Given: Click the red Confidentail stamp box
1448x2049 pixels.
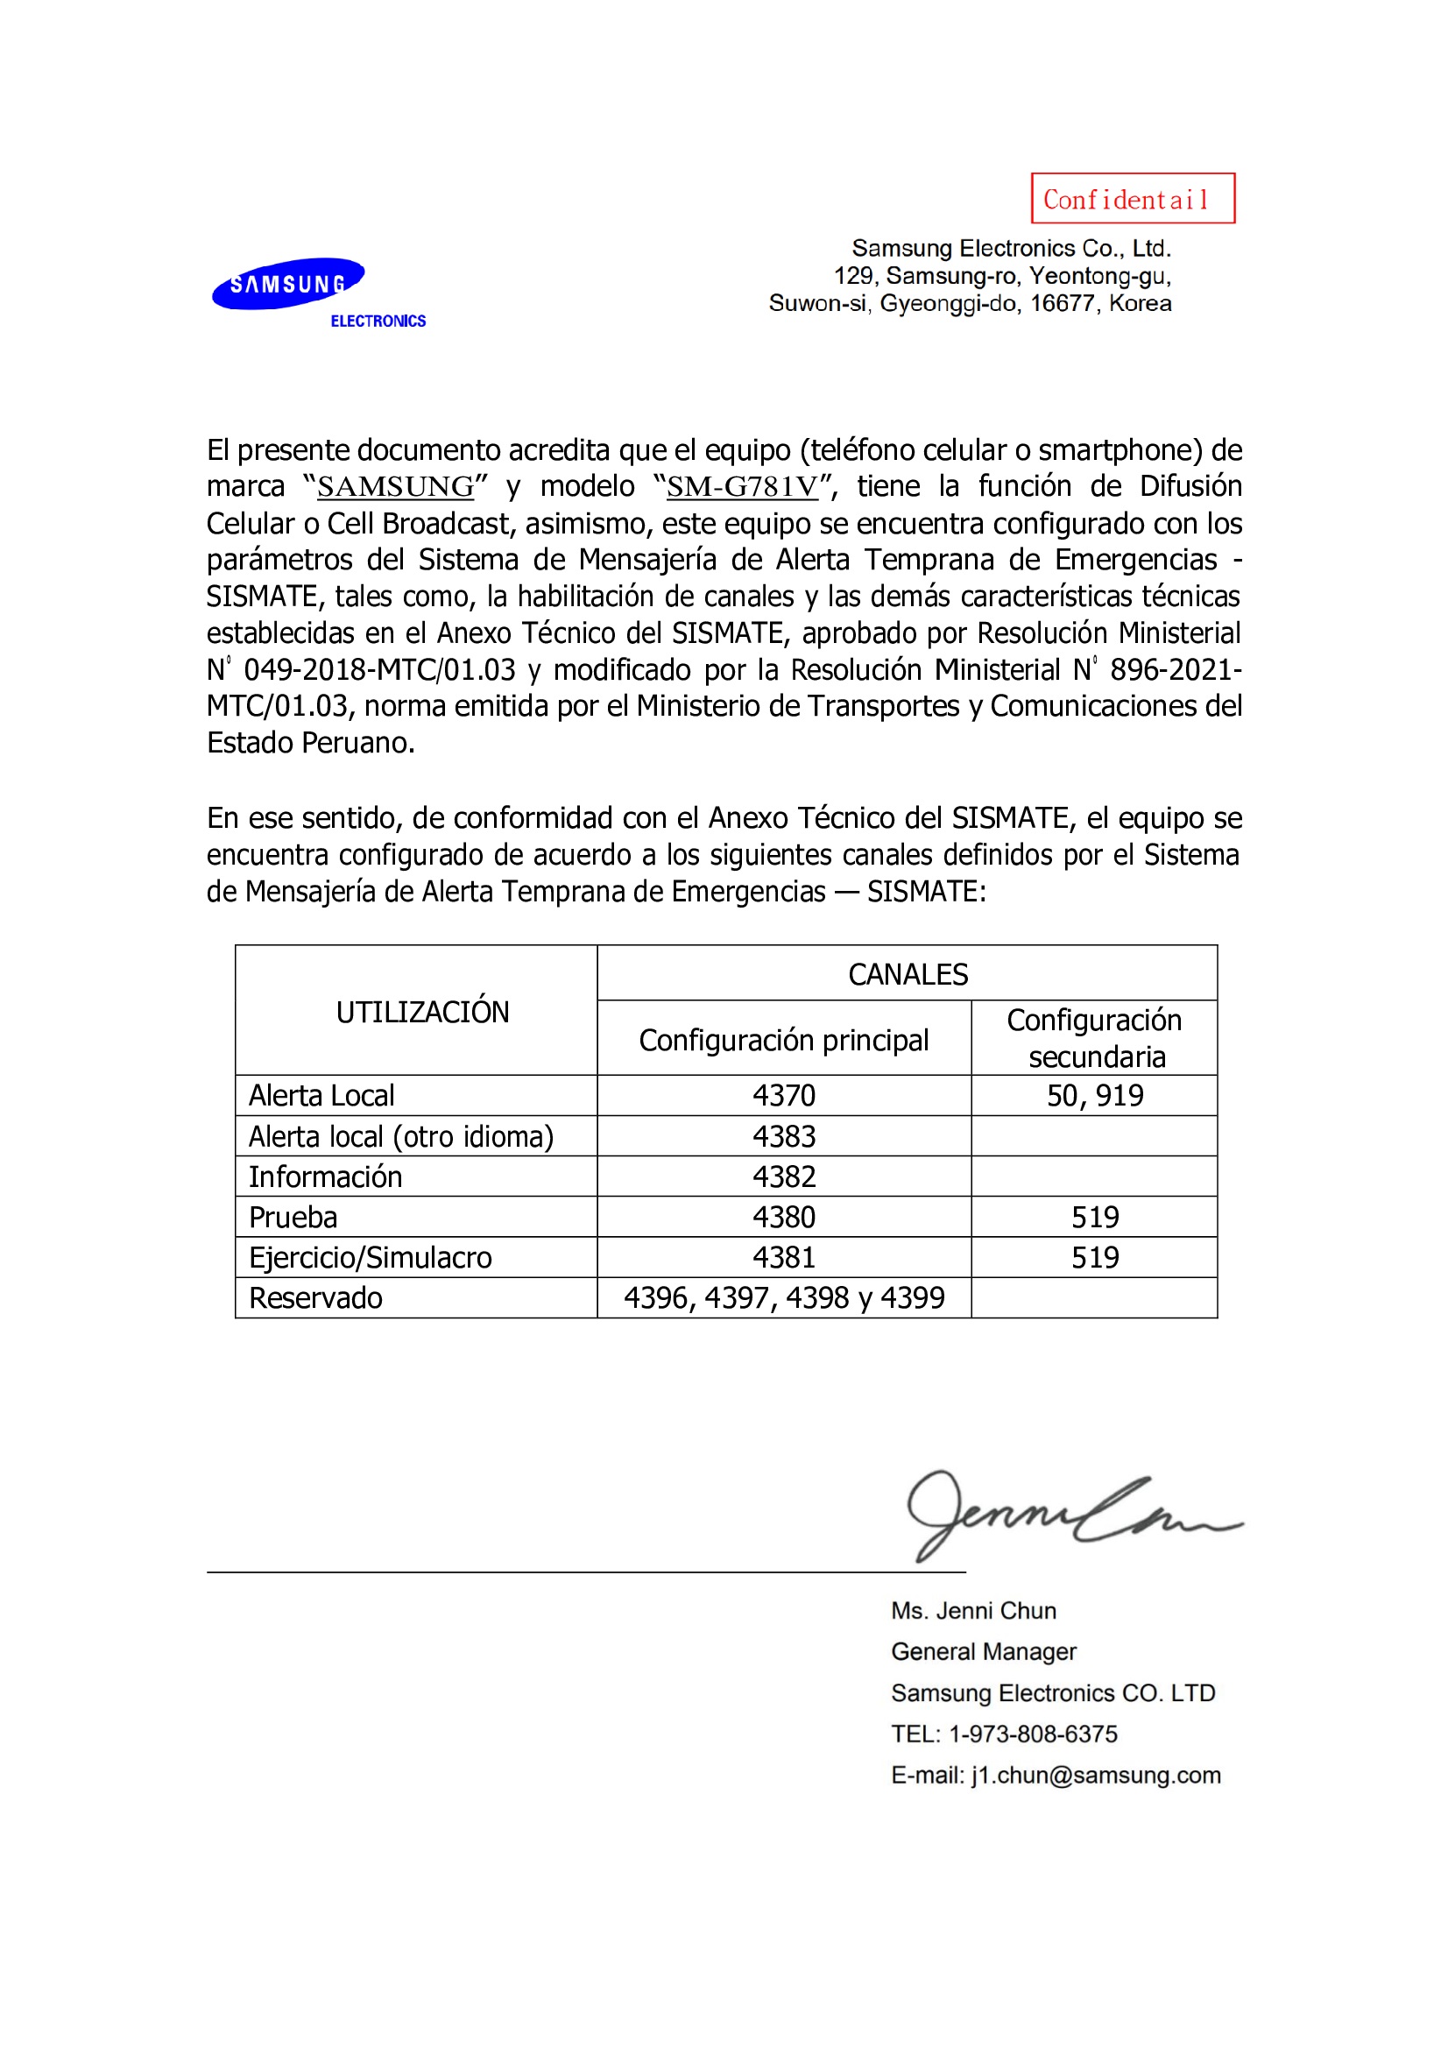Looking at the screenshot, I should click(1132, 198).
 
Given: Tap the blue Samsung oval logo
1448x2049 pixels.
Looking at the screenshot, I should click(287, 284).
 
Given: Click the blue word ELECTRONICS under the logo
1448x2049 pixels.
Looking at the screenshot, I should click(378, 321).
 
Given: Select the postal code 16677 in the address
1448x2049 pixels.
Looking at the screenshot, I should click(1062, 303).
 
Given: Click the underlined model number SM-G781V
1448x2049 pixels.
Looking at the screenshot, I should click(742, 486).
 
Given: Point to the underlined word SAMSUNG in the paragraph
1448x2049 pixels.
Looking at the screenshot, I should click(395, 486).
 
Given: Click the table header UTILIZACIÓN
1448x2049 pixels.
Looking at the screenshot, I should click(422, 1012).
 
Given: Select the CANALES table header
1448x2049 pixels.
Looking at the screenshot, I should click(908, 973).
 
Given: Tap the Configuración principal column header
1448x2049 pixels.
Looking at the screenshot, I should click(783, 1040).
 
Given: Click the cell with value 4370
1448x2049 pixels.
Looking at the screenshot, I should click(783, 1095).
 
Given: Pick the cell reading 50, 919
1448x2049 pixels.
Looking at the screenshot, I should click(1095, 1095).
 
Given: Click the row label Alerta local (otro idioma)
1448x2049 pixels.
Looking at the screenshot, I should click(400, 1136).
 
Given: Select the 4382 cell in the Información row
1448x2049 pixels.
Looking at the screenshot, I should click(783, 1176).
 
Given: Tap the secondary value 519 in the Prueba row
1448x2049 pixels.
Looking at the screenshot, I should click(1095, 1217).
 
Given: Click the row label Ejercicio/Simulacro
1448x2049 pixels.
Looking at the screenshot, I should click(371, 1257).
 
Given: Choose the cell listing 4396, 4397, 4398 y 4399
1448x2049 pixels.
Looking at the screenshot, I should click(783, 1297).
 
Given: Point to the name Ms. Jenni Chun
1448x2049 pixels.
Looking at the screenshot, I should click(973, 1611).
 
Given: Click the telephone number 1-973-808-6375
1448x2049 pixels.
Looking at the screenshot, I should click(1032, 1734).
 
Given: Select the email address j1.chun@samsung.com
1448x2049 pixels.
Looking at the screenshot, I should click(1096, 1775).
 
